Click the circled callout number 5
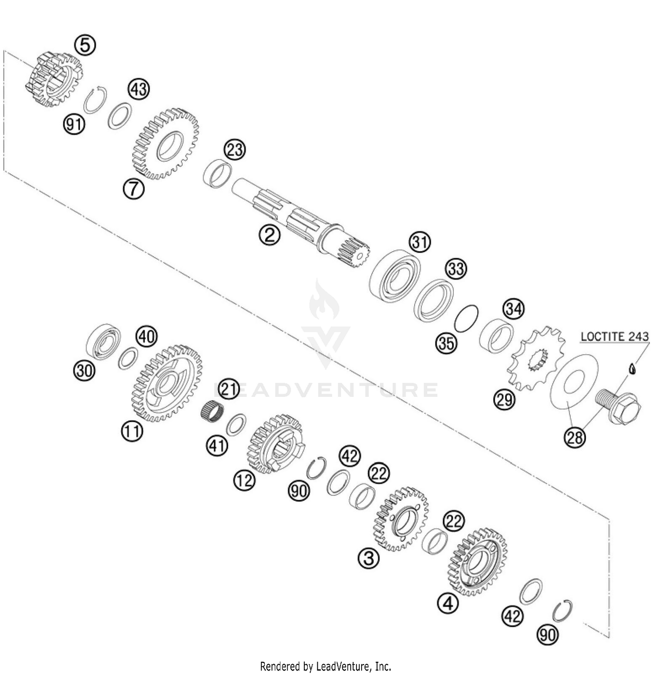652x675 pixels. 85,45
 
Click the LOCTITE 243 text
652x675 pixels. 614,336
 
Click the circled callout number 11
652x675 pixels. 132,431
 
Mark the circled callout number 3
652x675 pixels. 368,558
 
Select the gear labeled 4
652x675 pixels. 477,562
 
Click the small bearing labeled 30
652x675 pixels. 103,341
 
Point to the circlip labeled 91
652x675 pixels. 95,100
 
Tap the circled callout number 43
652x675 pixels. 139,89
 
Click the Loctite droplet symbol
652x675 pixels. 632,369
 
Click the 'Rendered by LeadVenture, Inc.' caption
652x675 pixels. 326,666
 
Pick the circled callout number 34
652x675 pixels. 513,309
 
